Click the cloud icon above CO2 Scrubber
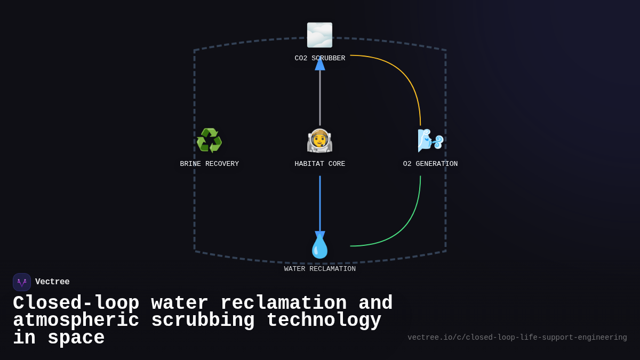(x=319, y=35)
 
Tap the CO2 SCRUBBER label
(x=319, y=59)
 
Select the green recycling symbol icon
(x=209, y=141)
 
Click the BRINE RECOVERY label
(x=209, y=164)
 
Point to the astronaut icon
(x=319, y=141)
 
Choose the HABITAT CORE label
(x=319, y=164)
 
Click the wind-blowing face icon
(x=430, y=141)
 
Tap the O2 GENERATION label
(x=430, y=164)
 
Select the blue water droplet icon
(x=319, y=246)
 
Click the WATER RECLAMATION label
(x=319, y=269)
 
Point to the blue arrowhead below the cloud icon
(x=320, y=63)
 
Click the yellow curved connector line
(x=405, y=75)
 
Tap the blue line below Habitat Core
(x=320, y=203)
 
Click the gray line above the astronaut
(x=320, y=99)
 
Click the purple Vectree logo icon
(x=22, y=282)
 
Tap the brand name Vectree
(x=52, y=282)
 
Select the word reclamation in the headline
(x=283, y=303)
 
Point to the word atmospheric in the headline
(x=76, y=321)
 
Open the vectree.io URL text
(x=517, y=338)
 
